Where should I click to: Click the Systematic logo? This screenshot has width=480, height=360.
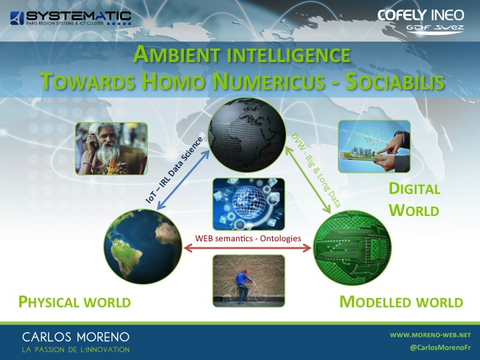point(71,18)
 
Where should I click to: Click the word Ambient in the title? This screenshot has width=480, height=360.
point(177,55)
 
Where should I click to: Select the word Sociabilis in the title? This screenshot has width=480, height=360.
point(395,82)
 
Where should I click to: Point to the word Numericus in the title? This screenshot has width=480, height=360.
point(268,82)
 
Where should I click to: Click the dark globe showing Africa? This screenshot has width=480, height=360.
point(247,135)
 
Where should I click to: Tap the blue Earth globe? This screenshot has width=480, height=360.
point(143,247)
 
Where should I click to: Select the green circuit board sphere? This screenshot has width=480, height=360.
point(352,248)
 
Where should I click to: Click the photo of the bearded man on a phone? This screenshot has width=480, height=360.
point(112,149)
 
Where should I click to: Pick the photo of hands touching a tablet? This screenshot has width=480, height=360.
point(374,146)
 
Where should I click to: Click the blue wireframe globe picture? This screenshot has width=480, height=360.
point(249,204)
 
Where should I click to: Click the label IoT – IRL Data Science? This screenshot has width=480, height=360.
point(174,170)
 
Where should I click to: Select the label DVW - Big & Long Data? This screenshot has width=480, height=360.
point(316,170)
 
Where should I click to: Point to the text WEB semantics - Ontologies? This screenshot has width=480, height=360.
point(248,238)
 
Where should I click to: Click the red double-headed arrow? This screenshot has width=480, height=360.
point(247,248)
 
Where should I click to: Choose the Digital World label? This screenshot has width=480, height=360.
point(414,199)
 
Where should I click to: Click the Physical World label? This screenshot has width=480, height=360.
point(75,302)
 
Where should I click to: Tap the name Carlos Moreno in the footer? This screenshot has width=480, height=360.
point(75,337)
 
